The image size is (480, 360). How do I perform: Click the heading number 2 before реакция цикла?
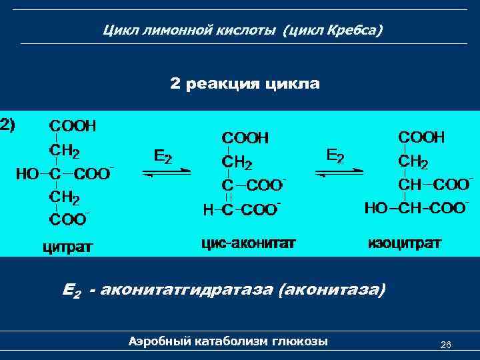tap(175, 84)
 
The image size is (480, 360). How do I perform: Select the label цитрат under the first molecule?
tap(68, 247)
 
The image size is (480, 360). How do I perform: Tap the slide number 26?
tap(446, 345)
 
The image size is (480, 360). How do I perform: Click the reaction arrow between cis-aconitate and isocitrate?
tap(339, 173)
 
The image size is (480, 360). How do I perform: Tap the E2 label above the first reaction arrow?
tap(163, 156)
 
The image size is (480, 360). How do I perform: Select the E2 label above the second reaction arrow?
tap(335, 155)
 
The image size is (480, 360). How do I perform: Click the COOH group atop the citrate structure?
tap(73, 125)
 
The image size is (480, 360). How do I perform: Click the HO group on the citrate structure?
tap(27, 174)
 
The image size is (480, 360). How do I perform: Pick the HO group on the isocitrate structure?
tap(376, 208)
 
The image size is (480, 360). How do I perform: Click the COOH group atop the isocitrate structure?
tap(421, 137)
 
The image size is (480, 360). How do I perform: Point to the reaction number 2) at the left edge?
tap(10, 123)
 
